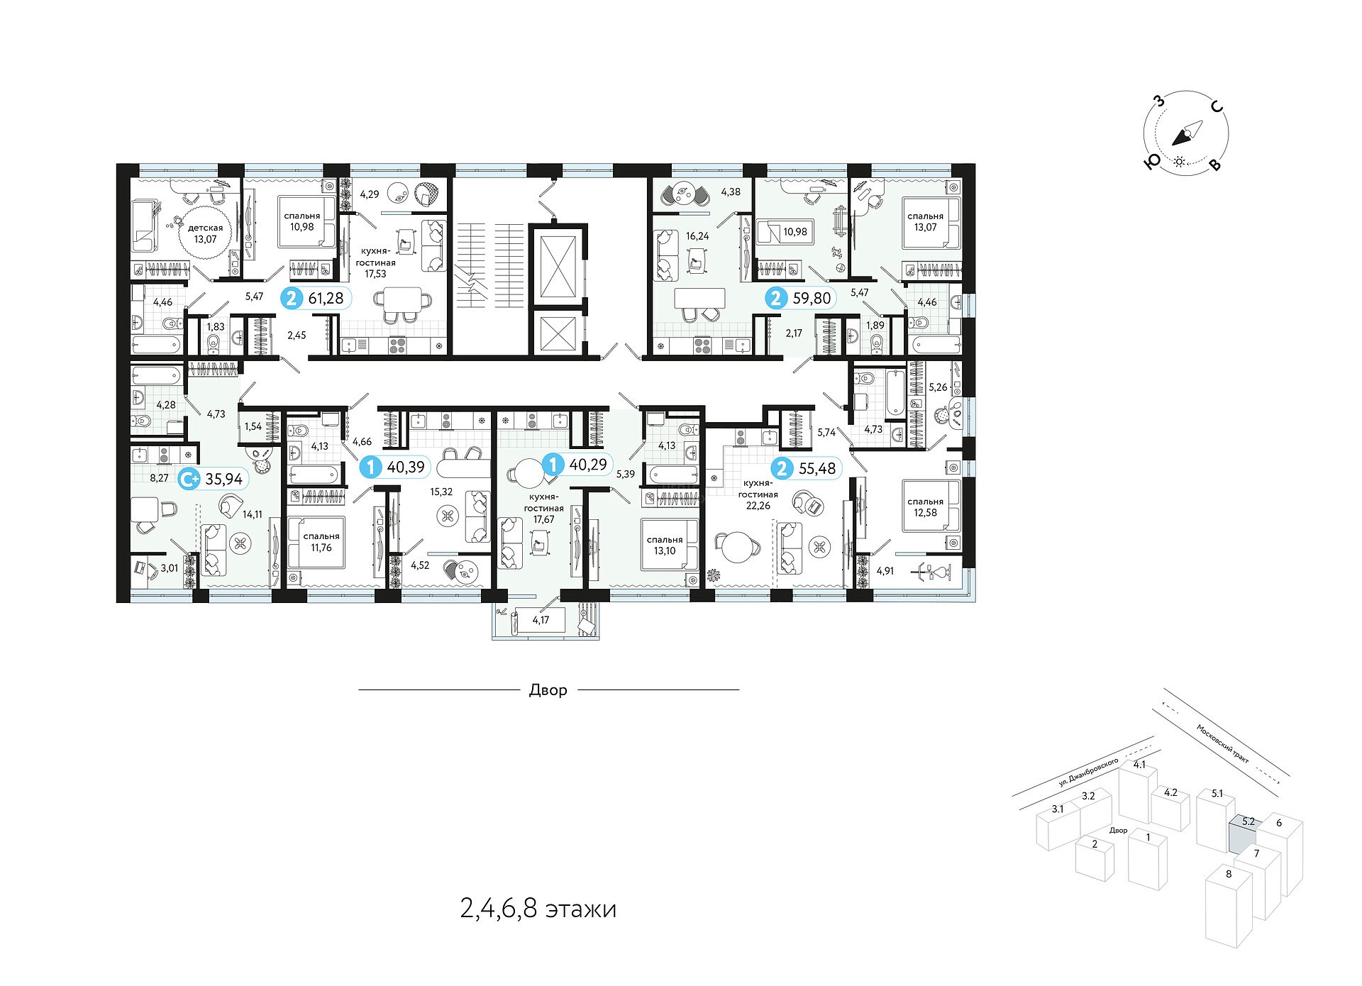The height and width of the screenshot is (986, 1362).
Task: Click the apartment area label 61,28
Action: click(326, 299)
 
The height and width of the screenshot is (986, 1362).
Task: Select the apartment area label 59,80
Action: click(812, 299)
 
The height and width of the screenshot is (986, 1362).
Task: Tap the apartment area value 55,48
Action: click(817, 468)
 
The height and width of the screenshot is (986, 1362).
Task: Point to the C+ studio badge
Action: click(189, 480)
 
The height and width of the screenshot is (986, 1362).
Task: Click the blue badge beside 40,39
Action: click(370, 467)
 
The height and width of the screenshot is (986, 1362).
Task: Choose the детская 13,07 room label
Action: click(206, 233)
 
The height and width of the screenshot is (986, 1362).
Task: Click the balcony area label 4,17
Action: click(541, 620)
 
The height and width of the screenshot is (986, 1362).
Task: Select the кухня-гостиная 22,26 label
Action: click(758, 494)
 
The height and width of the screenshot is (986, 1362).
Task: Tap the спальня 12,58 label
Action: click(925, 507)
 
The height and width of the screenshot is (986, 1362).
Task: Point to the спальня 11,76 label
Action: click(321, 542)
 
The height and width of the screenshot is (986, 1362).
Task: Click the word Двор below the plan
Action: click(548, 690)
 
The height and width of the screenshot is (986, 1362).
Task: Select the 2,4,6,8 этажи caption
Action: click(538, 909)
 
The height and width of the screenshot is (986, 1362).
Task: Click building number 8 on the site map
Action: click(1229, 875)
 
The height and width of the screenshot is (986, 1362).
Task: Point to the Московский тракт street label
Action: click(1222, 743)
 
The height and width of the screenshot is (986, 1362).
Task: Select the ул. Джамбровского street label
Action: click(1088, 772)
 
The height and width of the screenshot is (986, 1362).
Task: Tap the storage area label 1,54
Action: click(253, 426)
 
